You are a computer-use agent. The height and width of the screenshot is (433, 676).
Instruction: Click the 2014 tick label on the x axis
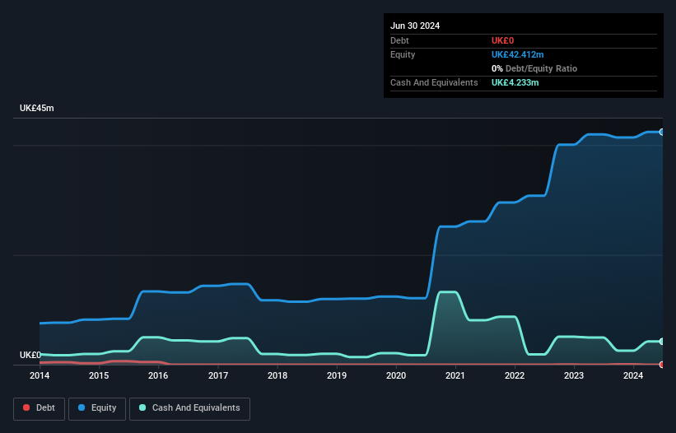pos(40,375)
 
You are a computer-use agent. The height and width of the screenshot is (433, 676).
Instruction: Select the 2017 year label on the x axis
pos(218,375)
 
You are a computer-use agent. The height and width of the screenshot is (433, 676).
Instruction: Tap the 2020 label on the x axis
pos(396,375)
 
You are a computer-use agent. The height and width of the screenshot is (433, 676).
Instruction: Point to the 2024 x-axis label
pos(633,375)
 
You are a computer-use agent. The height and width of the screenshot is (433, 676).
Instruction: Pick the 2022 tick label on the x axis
pos(515,375)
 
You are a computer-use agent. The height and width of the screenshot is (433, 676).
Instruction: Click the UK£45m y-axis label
pos(37,109)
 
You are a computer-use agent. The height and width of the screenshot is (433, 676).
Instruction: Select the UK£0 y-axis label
pos(30,355)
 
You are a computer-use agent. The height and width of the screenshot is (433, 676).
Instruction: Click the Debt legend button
pos(38,408)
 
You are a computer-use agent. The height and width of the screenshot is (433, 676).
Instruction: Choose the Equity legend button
pos(97,408)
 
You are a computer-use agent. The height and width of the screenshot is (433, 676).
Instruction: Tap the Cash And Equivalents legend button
pos(189,408)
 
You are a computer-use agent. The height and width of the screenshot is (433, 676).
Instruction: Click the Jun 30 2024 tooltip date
pos(415,26)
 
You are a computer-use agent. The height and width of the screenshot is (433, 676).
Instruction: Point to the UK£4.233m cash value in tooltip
pos(515,82)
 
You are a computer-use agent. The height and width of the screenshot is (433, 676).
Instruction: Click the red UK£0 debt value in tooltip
pos(502,40)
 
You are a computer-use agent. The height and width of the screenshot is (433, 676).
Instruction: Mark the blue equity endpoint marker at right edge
pos(661,132)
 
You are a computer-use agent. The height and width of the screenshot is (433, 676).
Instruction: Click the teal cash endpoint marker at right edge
pos(661,342)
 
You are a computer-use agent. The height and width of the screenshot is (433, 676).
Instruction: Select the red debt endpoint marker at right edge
pos(661,364)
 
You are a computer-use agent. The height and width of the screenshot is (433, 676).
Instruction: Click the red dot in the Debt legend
pos(26,408)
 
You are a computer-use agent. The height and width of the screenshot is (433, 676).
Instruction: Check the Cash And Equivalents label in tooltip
pos(434,82)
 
